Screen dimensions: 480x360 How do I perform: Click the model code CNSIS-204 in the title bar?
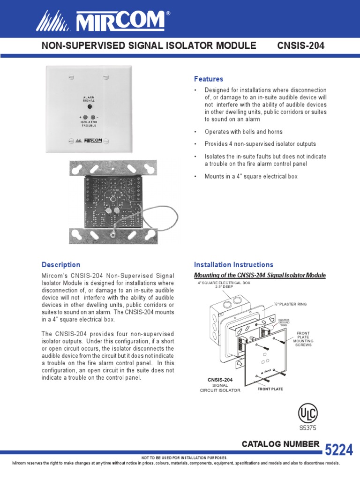point(301,45)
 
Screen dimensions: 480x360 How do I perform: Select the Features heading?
point(209,79)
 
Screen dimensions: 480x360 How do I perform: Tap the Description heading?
point(61,265)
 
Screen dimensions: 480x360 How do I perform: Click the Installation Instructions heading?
point(233,265)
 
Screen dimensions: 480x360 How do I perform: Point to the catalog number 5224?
point(338,450)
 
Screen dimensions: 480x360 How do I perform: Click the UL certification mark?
point(308,413)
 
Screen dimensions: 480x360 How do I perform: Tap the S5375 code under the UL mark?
point(308,427)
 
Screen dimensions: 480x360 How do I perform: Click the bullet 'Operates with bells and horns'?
point(243,132)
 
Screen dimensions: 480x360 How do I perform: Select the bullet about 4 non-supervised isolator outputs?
point(260,144)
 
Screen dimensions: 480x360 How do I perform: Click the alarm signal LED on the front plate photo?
point(89,107)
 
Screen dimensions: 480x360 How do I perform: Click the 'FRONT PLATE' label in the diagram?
point(270,389)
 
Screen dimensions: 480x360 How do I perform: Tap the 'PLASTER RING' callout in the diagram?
point(292,304)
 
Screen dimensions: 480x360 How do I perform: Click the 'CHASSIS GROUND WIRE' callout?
point(284,322)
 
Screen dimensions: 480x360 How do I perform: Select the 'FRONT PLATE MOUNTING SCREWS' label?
point(303,339)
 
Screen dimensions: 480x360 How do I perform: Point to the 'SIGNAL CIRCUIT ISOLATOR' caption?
point(220,387)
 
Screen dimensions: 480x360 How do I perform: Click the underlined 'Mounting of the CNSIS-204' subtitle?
point(260,275)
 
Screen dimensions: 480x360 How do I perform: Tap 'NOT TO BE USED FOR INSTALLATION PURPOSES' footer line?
point(184,457)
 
